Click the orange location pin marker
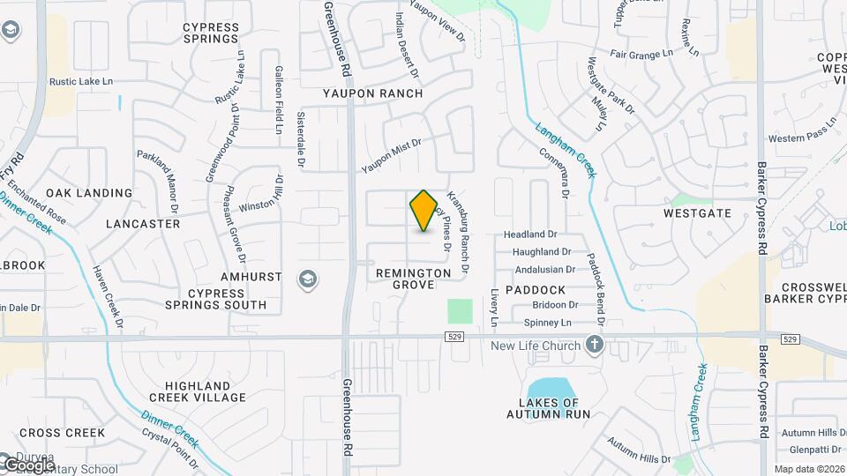pyautogui.click(x=423, y=210)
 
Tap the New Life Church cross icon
pyautogui.click(x=595, y=345)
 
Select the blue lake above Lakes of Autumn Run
pyautogui.click(x=549, y=390)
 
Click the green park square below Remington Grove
pyautogui.click(x=460, y=310)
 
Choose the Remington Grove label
pyautogui.click(x=413, y=279)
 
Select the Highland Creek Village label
pyautogui.click(x=206, y=391)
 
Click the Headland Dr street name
pyautogui.click(x=530, y=235)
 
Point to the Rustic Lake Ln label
pyautogui.click(x=82, y=82)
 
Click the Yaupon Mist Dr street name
pyautogui.click(x=392, y=155)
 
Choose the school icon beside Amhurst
pyautogui.click(x=307, y=279)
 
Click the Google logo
pyautogui.click(x=28, y=465)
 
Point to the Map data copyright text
pyautogui.click(x=809, y=469)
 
